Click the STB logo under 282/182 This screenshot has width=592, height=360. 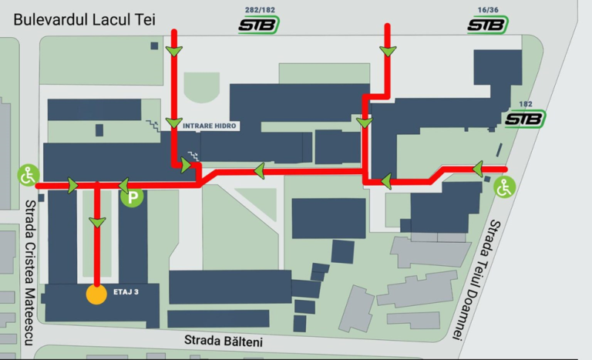258,25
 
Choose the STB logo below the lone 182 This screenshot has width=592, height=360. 525,119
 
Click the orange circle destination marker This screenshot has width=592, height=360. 96,294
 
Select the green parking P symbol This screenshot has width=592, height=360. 133,197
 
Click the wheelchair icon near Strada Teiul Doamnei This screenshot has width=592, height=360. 504,187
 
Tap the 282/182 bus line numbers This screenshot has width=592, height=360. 257,10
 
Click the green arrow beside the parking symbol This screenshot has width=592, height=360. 123,185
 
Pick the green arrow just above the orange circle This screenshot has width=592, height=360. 96,223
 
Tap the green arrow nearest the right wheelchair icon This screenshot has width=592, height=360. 478,168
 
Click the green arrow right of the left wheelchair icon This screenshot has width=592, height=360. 72,185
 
